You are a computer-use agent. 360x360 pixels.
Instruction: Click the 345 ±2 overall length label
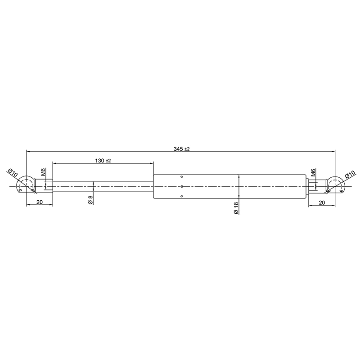(x=182, y=149)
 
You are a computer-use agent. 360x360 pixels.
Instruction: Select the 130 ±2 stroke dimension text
(x=103, y=161)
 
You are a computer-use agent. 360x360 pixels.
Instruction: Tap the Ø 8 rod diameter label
(x=90, y=200)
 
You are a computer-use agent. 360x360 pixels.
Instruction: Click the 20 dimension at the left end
(x=40, y=202)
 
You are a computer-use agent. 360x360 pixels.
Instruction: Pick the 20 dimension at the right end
(x=322, y=202)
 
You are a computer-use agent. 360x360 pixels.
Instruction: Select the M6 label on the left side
(x=44, y=172)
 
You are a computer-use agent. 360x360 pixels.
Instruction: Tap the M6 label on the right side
(x=313, y=172)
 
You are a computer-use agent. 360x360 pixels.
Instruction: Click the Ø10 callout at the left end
(x=13, y=172)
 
